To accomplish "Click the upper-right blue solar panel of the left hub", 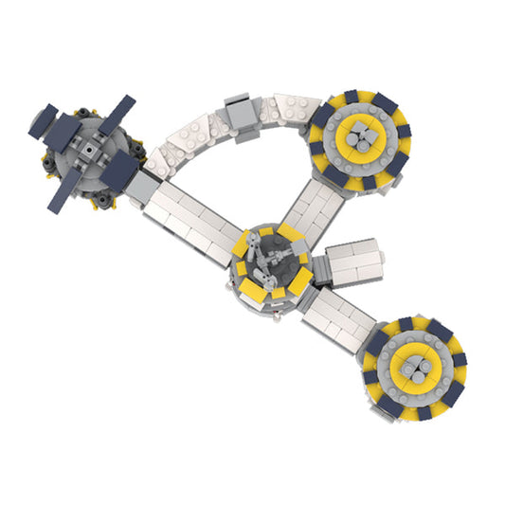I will click(116, 117).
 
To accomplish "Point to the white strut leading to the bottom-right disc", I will click(337, 312).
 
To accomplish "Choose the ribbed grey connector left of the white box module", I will click(317, 269).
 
